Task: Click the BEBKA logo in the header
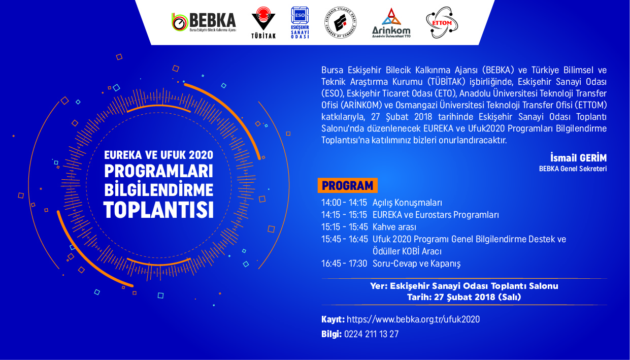pyautogui.click(x=204, y=22)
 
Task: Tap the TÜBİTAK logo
pyautogui.click(x=263, y=22)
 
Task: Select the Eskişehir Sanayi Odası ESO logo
pyautogui.click(x=300, y=22)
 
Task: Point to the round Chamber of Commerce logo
pyautogui.click(x=341, y=22)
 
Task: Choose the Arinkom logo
pyautogui.click(x=391, y=23)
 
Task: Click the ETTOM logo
pyautogui.click(x=442, y=22)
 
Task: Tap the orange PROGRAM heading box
pyautogui.click(x=348, y=185)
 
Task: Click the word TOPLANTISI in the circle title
pyautogui.click(x=158, y=210)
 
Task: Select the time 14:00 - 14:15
pyautogui.click(x=344, y=203)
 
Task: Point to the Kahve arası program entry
pyautogui.click(x=394, y=227)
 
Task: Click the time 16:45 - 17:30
pyautogui.click(x=344, y=264)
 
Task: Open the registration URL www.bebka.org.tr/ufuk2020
pyautogui.click(x=413, y=319)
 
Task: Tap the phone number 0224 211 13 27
pyautogui.click(x=371, y=334)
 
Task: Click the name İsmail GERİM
pyautogui.click(x=578, y=157)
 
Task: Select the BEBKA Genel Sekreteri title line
pyautogui.click(x=573, y=169)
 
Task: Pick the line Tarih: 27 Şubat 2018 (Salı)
pyautogui.click(x=464, y=297)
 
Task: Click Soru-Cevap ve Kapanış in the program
pyautogui.click(x=417, y=264)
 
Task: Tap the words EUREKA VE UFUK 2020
pyautogui.click(x=158, y=155)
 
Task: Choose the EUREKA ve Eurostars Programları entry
pyautogui.click(x=436, y=215)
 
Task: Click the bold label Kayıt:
pyautogui.click(x=333, y=319)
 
